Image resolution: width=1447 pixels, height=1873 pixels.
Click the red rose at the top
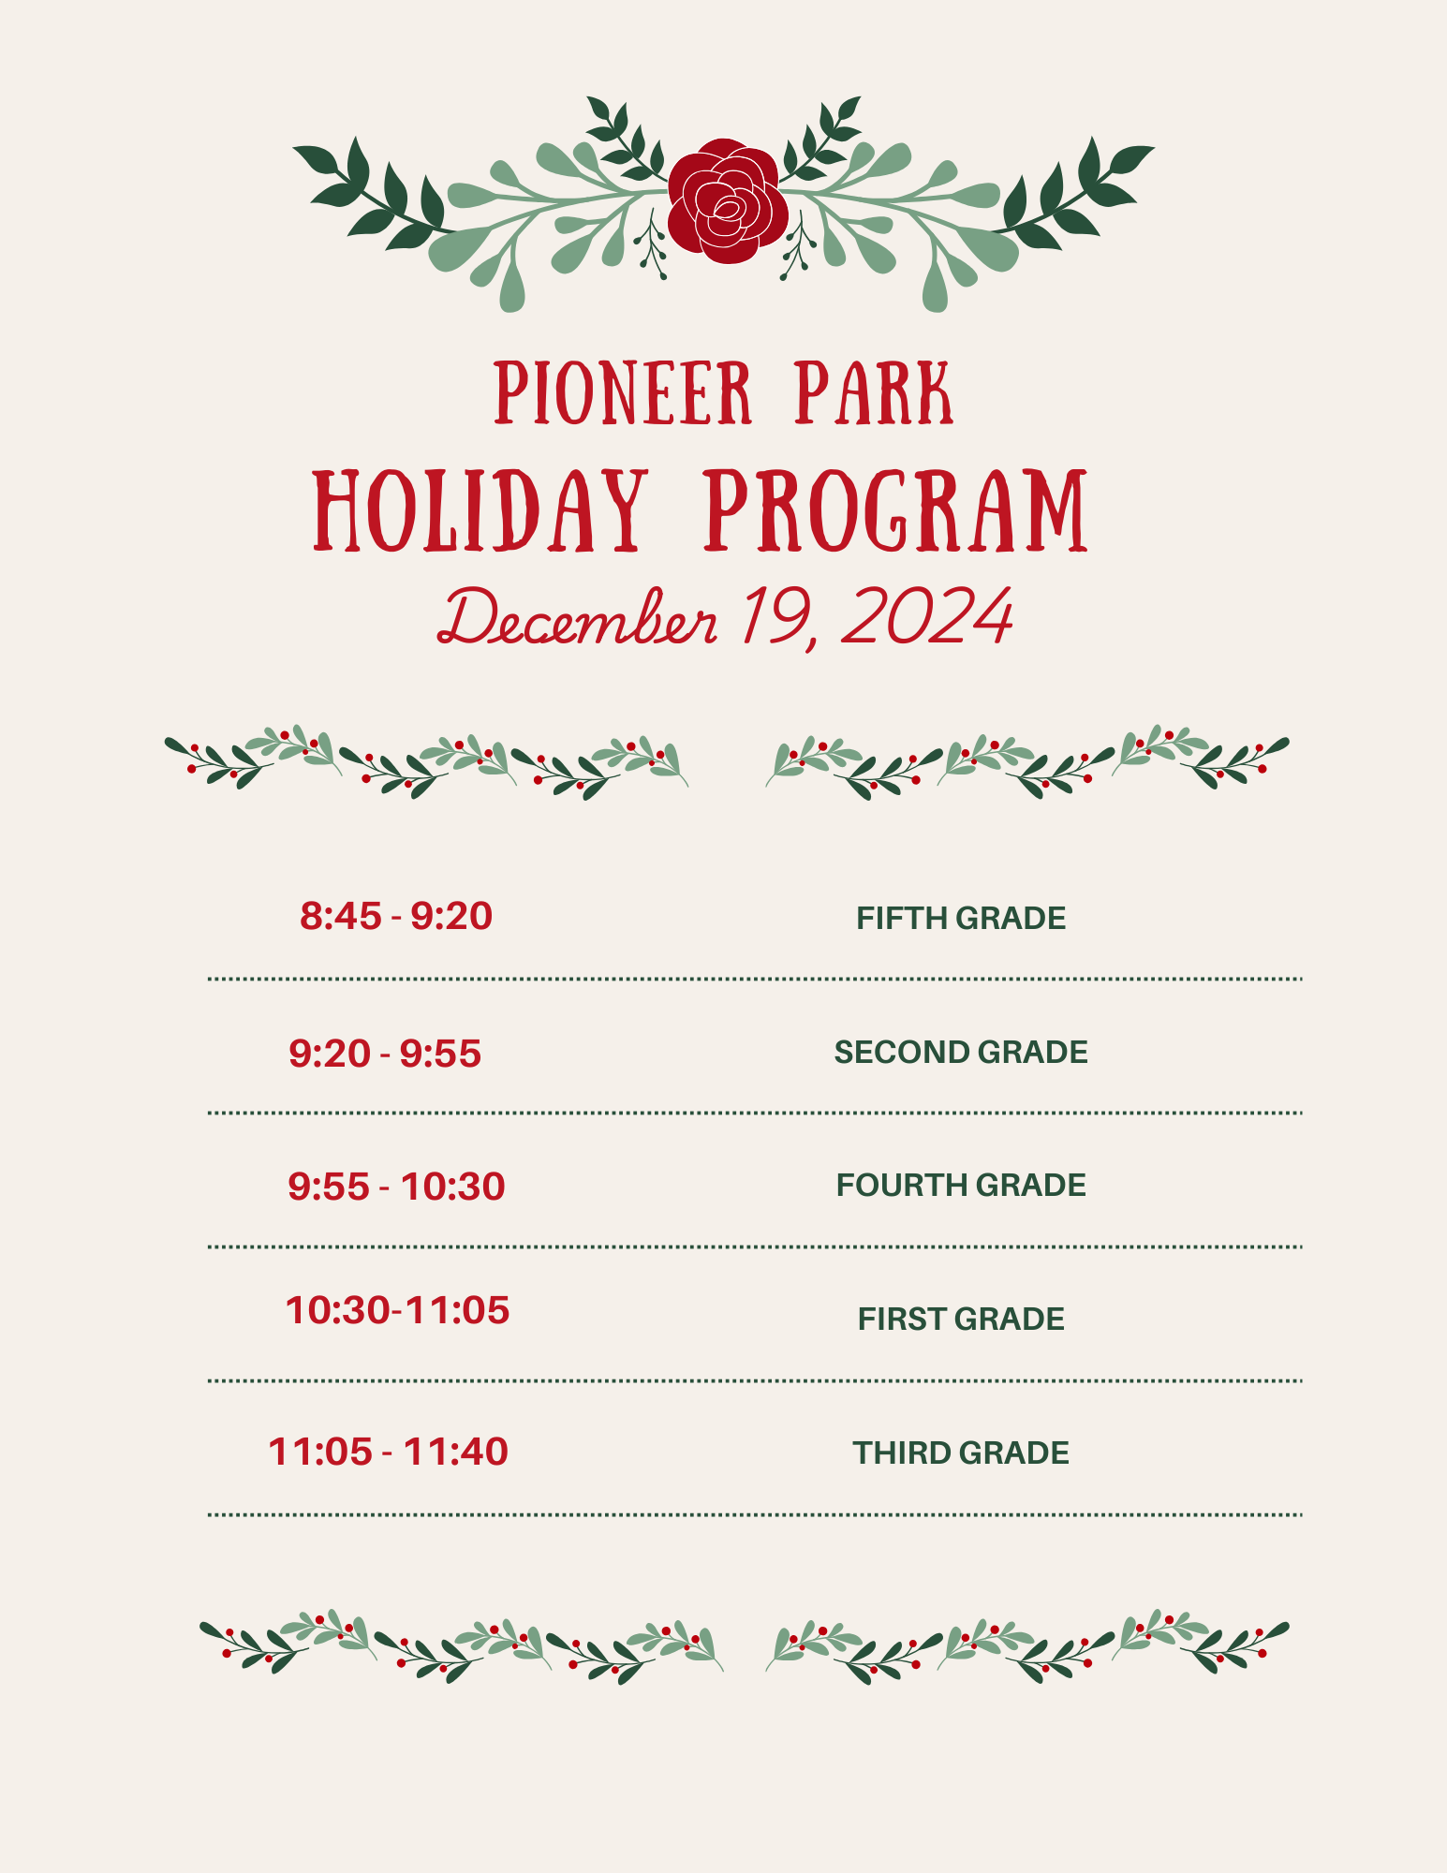pyautogui.click(x=727, y=201)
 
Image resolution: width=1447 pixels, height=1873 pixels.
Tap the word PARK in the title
pyautogui.click(x=875, y=393)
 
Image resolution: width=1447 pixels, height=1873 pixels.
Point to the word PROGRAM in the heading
pyautogui.click(x=896, y=510)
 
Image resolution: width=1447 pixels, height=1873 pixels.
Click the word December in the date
pyautogui.click(x=578, y=618)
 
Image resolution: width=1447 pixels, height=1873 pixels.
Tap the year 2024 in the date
pyautogui.click(x=927, y=616)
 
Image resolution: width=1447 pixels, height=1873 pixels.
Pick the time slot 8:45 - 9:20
pyautogui.click(x=396, y=916)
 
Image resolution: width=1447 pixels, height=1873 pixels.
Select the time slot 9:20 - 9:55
pyautogui.click(x=385, y=1054)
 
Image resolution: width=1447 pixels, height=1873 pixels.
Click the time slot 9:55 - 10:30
pyautogui.click(x=396, y=1187)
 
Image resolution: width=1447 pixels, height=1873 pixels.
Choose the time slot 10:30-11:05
pyautogui.click(x=397, y=1310)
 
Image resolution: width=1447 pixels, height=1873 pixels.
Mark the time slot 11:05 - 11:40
pyautogui.click(x=388, y=1452)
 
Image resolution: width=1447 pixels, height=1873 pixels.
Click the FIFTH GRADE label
pyautogui.click(x=961, y=918)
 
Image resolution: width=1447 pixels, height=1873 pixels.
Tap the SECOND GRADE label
pyautogui.click(x=961, y=1052)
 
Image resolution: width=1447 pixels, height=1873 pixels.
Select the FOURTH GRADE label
pyautogui.click(x=961, y=1185)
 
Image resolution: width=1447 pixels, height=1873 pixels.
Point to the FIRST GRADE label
pyautogui.click(x=961, y=1319)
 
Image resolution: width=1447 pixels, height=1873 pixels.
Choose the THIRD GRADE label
pyautogui.click(x=961, y=1453)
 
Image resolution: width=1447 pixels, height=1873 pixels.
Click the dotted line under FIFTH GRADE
pyautogui.click(x=755, y=979)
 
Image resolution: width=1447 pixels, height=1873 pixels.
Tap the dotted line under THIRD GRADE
pyautogui.click(x=755, y=1514)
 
